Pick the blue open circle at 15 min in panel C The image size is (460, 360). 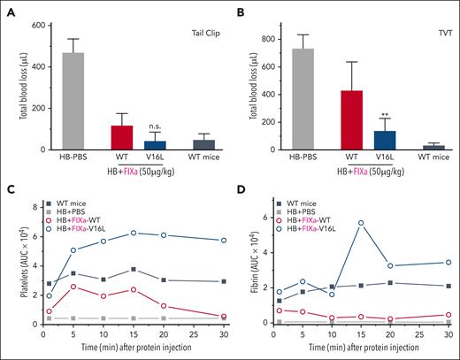(133, 233)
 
